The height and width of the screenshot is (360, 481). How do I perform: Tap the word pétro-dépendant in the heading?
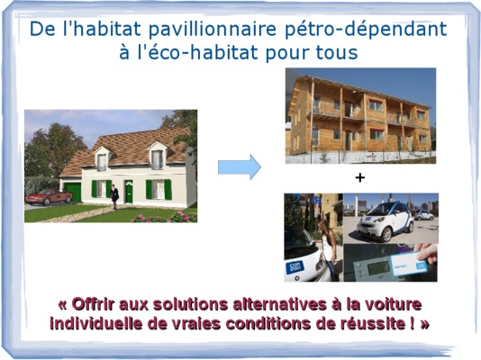click(366, 30)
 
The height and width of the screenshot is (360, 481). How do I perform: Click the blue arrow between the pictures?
click(240, 167)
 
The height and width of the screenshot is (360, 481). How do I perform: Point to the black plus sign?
click(359, 177)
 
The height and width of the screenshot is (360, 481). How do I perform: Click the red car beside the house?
click(49, 196)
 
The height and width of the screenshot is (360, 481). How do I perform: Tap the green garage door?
click(73, 192)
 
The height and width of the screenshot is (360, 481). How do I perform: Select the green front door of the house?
click(129, 192)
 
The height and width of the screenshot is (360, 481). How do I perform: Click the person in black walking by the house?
click(114, 197)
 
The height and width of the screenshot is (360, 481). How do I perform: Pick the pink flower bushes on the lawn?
click(165, 217)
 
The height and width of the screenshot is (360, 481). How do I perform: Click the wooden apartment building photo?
click(360, 116)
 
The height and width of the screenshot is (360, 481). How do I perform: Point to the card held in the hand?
click(408, 265)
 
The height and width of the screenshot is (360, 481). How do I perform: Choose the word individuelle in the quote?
click(96, 323)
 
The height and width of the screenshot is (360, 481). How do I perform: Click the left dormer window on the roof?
click(102, 162)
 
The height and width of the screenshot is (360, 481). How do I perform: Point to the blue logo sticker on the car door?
click(295, 267)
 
